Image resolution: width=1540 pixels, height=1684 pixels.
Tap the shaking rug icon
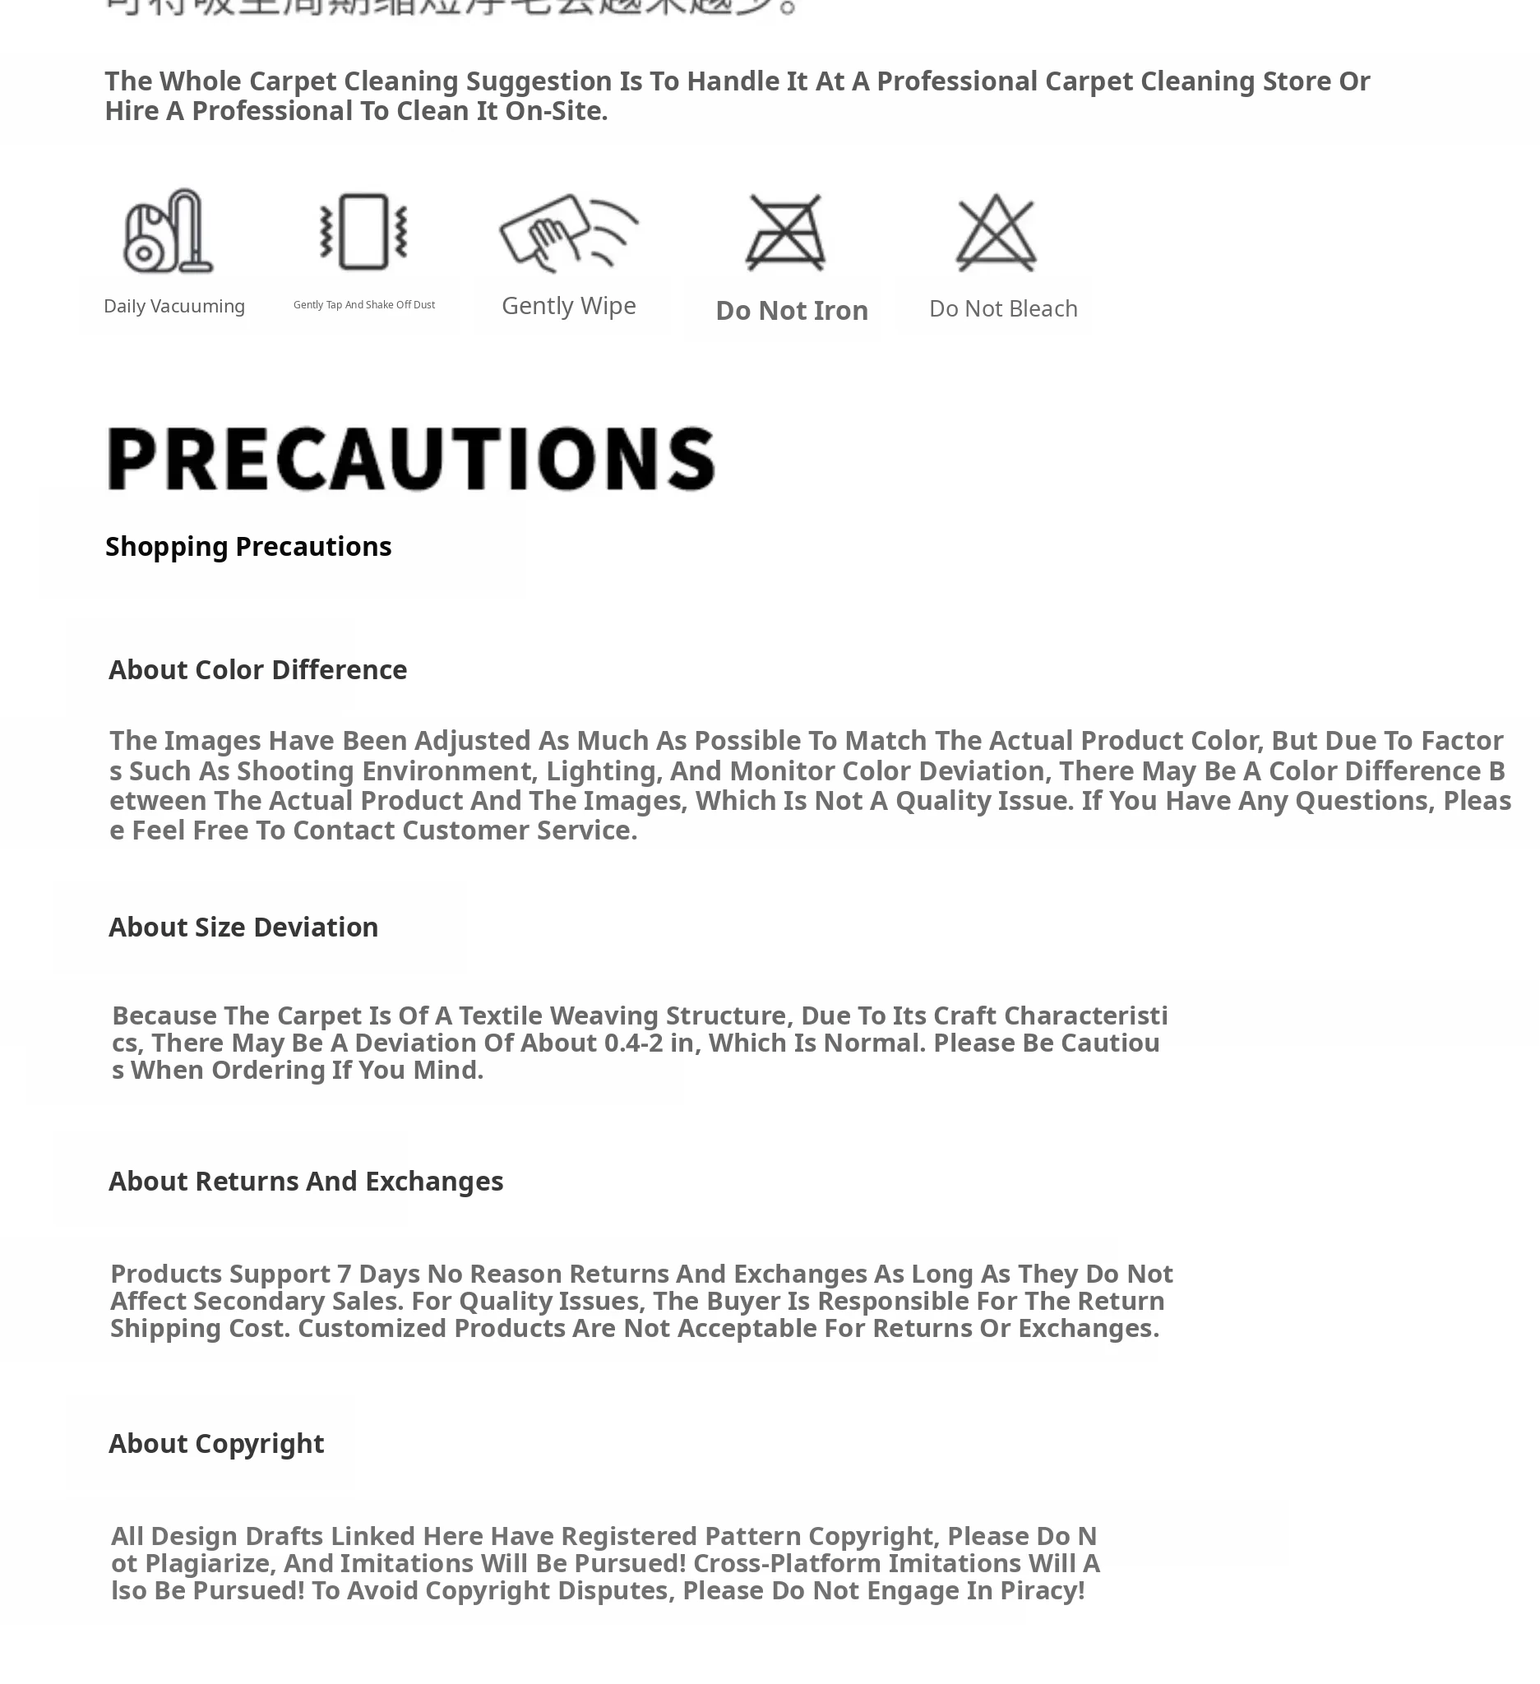coord(363,231)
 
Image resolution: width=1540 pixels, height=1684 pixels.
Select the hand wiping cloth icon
coord(569,232)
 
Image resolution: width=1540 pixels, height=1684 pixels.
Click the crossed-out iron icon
coord(785,232)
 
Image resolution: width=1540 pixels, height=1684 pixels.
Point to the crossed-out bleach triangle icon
coord(996,232)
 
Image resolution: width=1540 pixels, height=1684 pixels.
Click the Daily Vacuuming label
coord(173,306)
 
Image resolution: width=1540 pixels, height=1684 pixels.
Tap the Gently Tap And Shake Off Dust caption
coord(364,305)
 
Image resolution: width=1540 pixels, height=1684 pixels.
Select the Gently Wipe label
coord(569,306)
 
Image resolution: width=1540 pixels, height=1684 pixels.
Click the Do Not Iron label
coord(792,311)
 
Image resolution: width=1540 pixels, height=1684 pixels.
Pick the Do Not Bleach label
coord(1003,308)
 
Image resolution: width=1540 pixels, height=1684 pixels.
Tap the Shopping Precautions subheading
coord(248,546)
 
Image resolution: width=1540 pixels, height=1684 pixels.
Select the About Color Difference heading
coord(257,670)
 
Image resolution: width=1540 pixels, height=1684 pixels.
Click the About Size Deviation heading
coord(243,928)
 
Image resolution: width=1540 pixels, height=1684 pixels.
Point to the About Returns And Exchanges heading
coord(306,1181)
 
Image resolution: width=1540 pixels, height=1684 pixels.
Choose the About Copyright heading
coord(216,1443)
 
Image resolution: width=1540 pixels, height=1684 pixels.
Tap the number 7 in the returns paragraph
coord(344,1274)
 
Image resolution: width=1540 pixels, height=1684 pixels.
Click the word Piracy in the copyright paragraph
coord(1043,1590)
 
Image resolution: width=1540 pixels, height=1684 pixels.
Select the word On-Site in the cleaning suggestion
coord(555,111)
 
